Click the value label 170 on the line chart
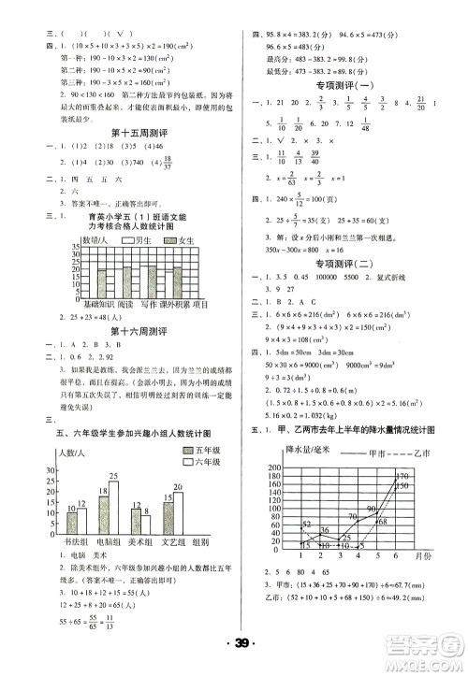click(402, 478)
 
